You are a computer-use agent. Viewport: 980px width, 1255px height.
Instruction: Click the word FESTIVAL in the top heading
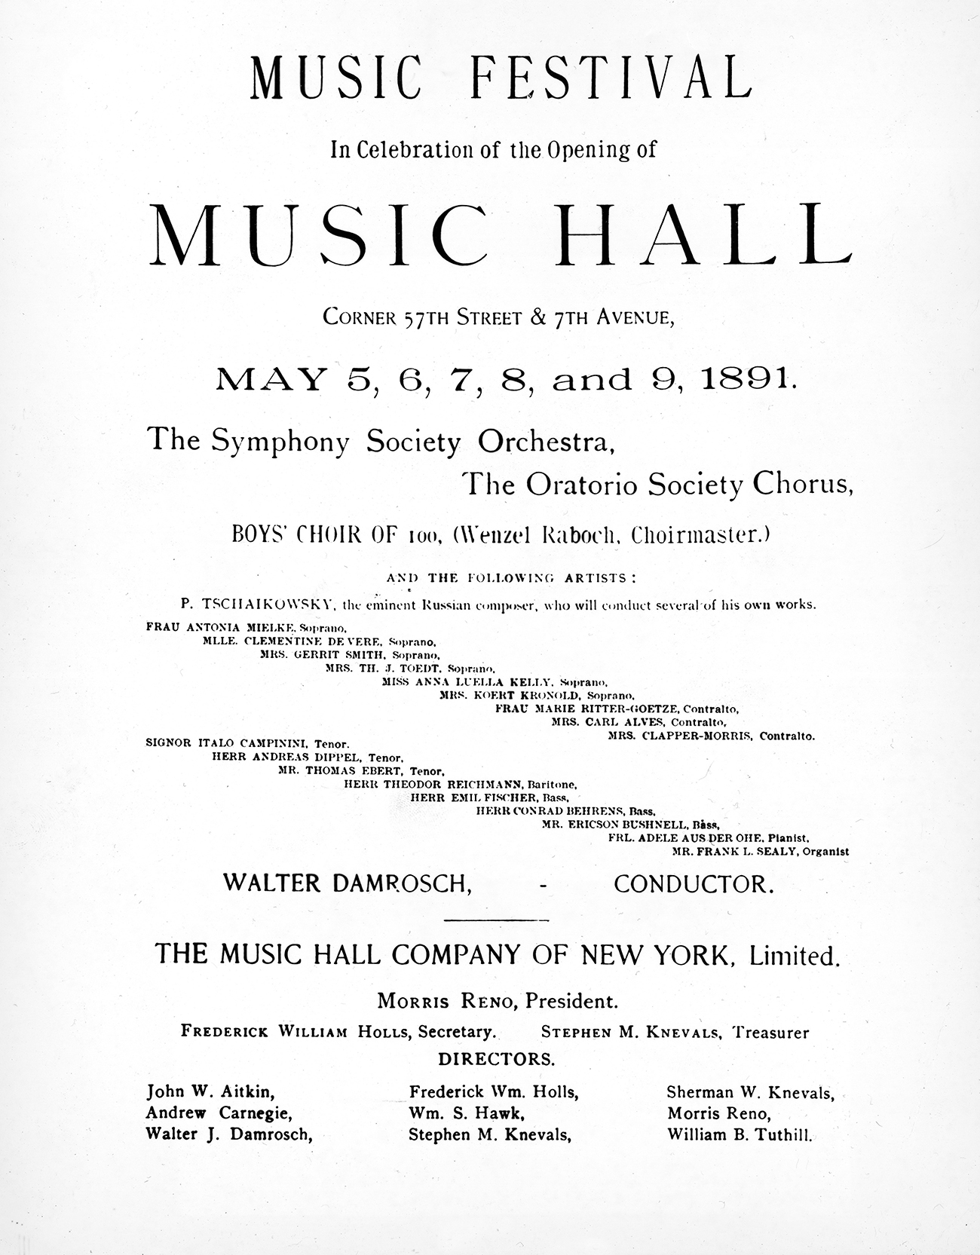[610, 78]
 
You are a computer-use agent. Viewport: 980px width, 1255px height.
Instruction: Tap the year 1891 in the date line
[746, 380]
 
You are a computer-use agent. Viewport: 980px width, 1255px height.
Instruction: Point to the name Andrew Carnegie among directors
[219, 1113]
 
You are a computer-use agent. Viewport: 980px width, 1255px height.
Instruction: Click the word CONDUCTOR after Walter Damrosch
[694, 884]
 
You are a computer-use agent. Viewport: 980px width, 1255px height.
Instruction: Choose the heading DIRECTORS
[496, 1059]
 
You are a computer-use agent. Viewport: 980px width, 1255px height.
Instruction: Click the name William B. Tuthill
[740, 1134]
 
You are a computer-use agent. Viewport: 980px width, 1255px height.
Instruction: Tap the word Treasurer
[771, 1033]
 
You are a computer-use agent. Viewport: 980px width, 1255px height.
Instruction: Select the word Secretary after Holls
[457, 1032]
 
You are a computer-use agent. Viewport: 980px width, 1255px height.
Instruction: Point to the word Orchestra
[547, 442]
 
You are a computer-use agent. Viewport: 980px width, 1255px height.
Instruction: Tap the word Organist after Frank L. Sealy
[826, 852]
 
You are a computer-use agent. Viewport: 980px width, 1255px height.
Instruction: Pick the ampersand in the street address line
[538, 317]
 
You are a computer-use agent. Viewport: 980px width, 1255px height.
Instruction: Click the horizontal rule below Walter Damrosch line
[496, 920]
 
